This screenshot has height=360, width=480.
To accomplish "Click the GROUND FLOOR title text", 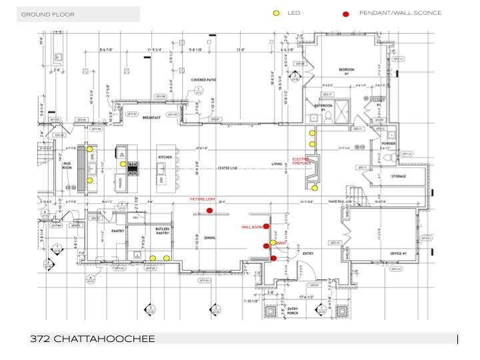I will pos(48,14).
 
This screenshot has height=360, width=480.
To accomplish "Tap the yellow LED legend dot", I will pos(276,13).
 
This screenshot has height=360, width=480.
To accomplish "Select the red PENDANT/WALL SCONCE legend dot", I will pos(345,14).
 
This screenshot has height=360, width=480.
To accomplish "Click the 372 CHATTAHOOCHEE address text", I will pos(93,339).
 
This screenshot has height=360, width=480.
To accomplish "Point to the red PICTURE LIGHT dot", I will pos(209,211).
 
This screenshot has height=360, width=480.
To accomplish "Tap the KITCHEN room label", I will pos(165,157).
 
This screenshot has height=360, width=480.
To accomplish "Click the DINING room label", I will pos(209,237).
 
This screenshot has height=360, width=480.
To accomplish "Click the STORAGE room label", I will pos(399,177).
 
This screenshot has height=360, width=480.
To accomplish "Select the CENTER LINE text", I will pos(229,168).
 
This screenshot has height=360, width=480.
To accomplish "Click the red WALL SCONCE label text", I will pos(253,227).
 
